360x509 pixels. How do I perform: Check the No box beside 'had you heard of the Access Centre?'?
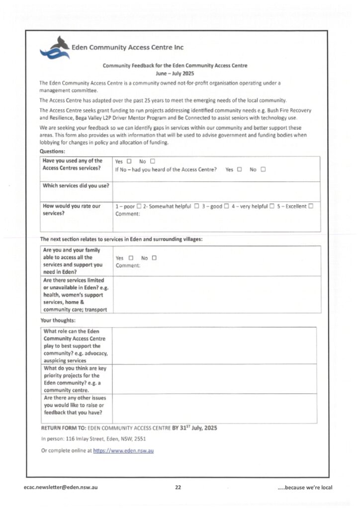264,170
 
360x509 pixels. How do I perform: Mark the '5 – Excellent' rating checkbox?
311,206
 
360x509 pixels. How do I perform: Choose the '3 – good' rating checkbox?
226,206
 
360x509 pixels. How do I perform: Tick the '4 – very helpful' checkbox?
272,206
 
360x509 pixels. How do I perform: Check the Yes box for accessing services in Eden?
131,258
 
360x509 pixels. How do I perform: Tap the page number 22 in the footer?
178,488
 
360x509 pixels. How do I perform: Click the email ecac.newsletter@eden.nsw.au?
61,488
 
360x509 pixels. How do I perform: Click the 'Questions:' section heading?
52,151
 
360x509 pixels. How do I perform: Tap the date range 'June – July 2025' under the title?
175,73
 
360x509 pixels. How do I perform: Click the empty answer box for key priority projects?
214,379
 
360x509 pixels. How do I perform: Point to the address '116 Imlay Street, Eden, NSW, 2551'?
107,439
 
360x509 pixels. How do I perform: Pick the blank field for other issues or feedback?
214,408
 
